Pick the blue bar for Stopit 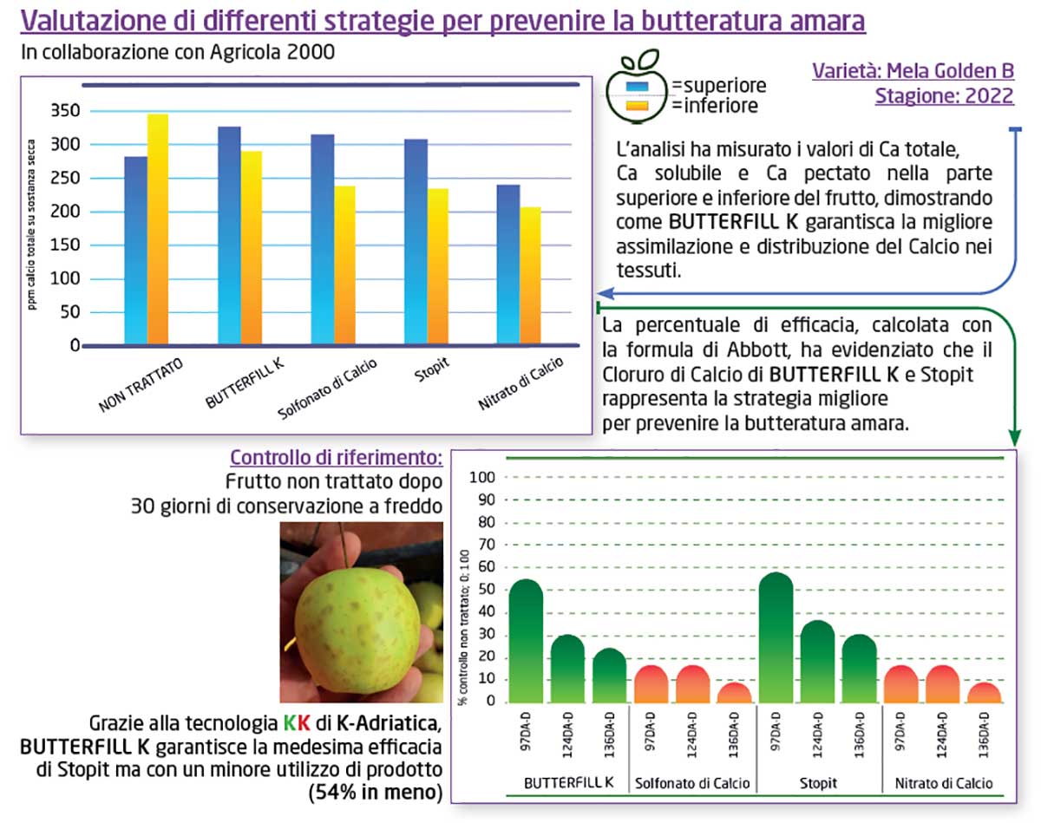tap(416, 243)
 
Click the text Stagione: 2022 tap(944, 96)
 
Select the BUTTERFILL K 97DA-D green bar tap(526, 642)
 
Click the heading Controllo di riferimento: tap(337, 458)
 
